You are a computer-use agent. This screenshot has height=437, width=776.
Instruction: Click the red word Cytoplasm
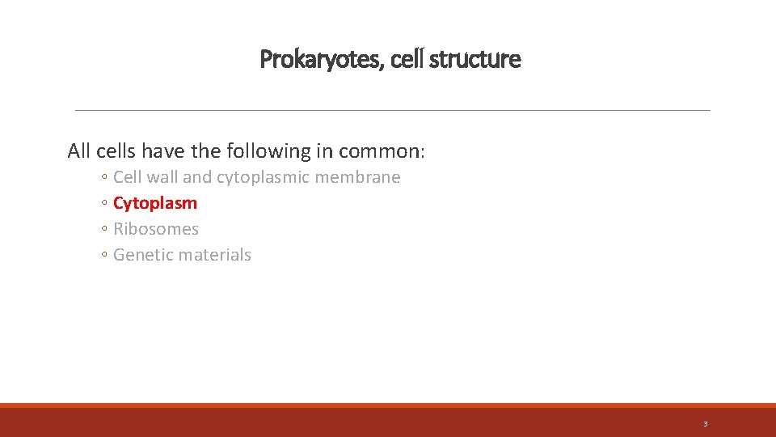pyautogui.click(x=155, y=203)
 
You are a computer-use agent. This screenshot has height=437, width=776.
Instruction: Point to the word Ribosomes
pyautogui.click(x=156, y=229)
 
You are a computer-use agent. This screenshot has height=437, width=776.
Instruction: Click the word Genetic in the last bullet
pyautogui.click(x=141, y=255)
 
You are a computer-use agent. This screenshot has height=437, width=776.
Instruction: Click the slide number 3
pyautogui.click(x=705, y=424)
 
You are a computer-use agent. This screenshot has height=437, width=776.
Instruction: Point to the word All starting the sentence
pyautogui.click(x=78, y=151)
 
